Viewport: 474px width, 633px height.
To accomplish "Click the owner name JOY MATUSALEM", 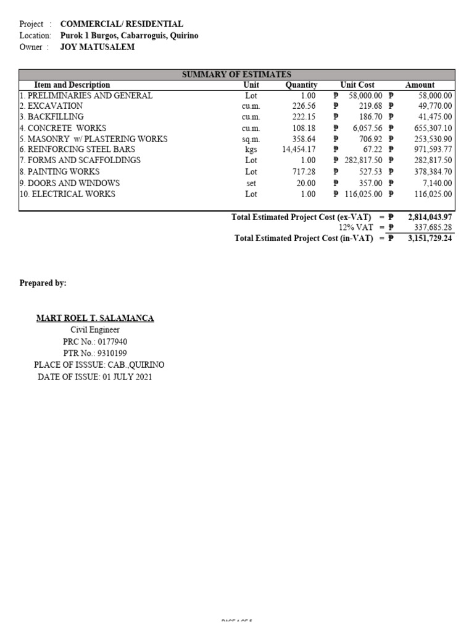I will click(97, 47).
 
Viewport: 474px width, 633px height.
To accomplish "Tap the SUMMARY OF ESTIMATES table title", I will click(236, 74).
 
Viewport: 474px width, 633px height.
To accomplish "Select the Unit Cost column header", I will click(357, 85).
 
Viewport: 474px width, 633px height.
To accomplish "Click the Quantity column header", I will click(301, 85).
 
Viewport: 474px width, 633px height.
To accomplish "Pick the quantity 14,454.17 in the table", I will click(299, 150).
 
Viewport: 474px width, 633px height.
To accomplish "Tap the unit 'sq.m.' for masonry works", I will click(251, 139).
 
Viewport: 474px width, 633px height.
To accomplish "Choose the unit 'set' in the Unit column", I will click(251, 183).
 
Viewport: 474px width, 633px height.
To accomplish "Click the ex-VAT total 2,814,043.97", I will click(430, 217).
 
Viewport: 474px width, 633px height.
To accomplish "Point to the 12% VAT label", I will click(355, 227).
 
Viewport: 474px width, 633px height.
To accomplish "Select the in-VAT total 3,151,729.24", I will click(430, 238).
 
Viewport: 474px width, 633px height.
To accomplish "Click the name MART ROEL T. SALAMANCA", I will click(95, 318).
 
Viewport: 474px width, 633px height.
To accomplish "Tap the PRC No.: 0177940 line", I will click(95, 341).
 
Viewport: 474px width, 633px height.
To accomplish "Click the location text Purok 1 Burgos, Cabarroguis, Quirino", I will click(129, 35).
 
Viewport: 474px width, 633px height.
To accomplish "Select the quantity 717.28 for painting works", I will click(304, 172).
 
